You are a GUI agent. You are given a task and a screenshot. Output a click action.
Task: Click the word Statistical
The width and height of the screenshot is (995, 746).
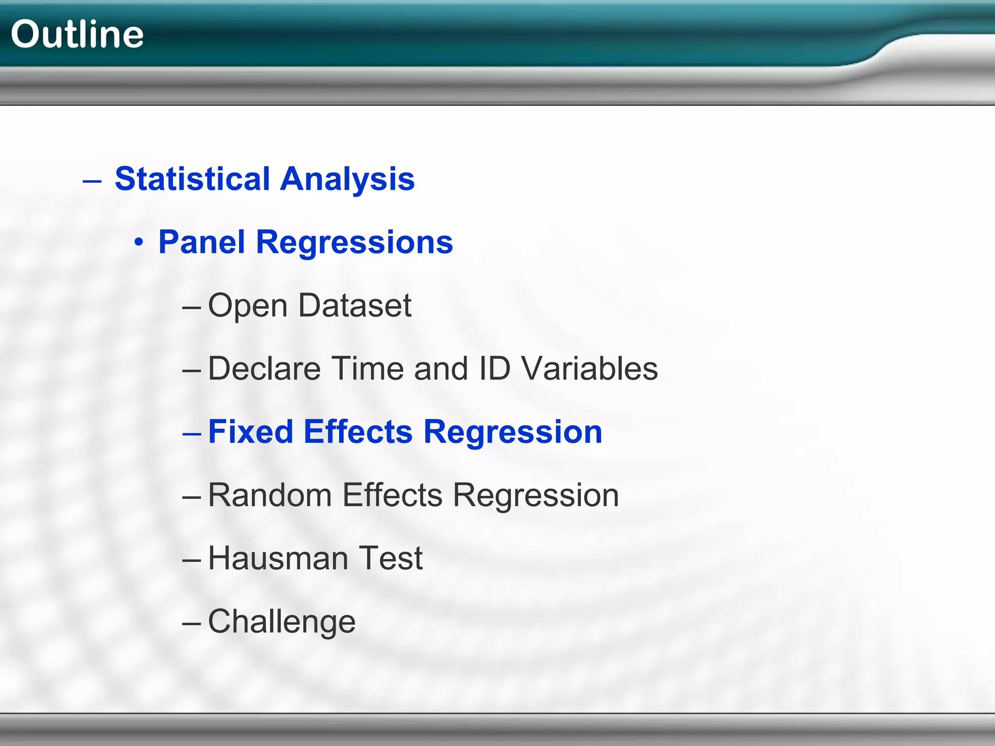192,179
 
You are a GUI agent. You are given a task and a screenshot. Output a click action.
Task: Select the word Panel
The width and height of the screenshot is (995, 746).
202,242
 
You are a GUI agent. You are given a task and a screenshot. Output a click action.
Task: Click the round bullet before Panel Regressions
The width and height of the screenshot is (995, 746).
139,242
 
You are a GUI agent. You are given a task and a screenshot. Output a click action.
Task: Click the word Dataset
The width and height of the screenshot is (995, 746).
355,305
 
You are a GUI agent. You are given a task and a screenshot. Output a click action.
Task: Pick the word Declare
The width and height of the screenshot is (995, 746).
264,368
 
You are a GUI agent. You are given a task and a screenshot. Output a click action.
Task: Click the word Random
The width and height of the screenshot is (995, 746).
270,495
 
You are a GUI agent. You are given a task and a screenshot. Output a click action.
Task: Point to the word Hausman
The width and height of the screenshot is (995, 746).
278,558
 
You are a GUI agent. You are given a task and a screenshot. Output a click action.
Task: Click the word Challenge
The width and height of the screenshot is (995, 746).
282,622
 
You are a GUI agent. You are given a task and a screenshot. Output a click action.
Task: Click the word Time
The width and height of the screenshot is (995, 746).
369,368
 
